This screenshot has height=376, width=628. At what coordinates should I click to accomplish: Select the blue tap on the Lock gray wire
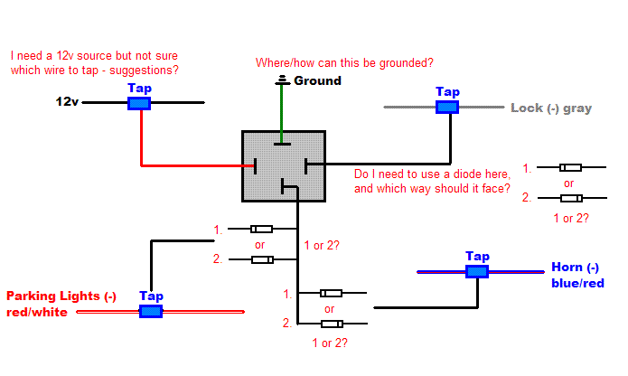click(x=447, y=108)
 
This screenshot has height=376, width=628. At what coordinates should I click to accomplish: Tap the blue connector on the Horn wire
click(x=476, y=270)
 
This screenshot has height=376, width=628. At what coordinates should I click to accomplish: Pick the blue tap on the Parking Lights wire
click(x=151, y=311)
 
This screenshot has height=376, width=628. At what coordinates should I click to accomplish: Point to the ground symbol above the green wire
click(x=285, y=81)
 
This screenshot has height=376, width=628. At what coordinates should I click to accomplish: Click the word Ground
click(x=318, y=81)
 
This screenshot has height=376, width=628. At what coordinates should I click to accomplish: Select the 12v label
click(x=67, y=103)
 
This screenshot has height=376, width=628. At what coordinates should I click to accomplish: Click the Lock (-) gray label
click(x=551, y=108)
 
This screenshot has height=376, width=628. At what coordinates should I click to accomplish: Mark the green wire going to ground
click(x=285, y=113)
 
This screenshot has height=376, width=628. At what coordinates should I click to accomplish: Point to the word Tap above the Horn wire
click(x=477, y=256)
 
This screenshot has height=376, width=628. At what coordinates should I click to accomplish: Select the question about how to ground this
click(x=344, y=63)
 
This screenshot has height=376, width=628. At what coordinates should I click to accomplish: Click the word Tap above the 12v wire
click(x=139, y=89)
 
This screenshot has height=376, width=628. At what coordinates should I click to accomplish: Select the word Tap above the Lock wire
click(x=447, y=92)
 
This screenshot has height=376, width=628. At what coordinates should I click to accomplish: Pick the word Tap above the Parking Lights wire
click(x=151, y=296)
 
